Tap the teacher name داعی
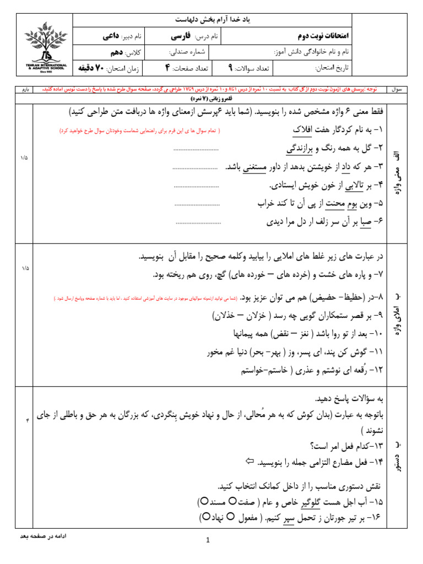click(111, 36)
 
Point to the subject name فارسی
click(180, 36)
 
